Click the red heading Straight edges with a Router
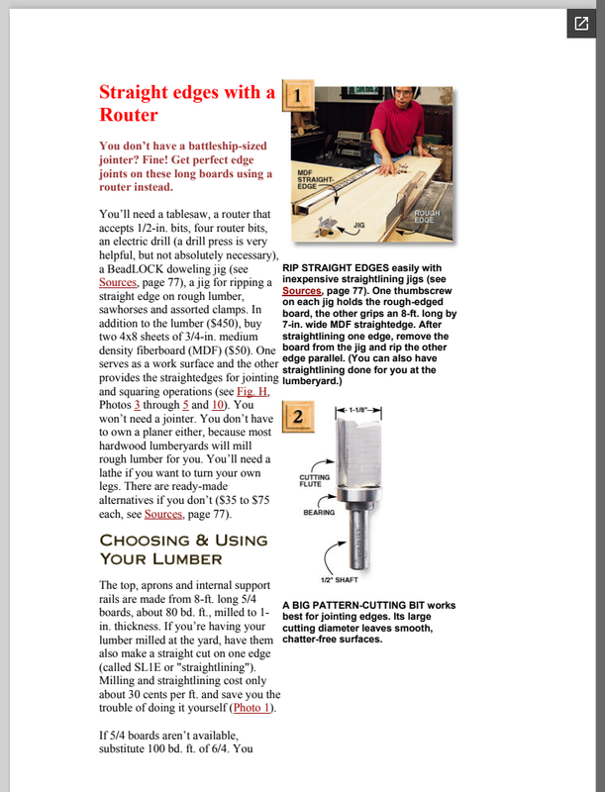click(x=186, y=103)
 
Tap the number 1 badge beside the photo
click(x=300, y=96)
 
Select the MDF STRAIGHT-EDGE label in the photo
click(x=319, y=179)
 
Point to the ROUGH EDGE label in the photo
click(x=427, y=214)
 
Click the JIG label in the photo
click(x=358, y=226)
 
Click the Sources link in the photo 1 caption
click(x=302, y=291)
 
